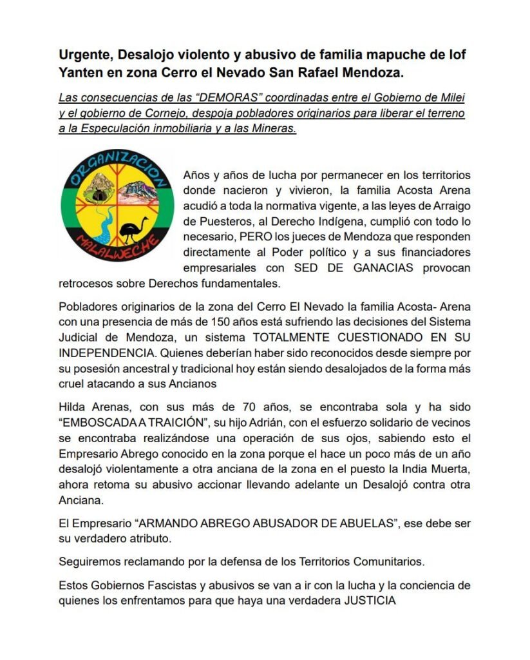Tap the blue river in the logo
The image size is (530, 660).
[x=103, y=229]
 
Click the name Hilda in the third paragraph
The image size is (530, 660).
[x=72, y=407]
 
